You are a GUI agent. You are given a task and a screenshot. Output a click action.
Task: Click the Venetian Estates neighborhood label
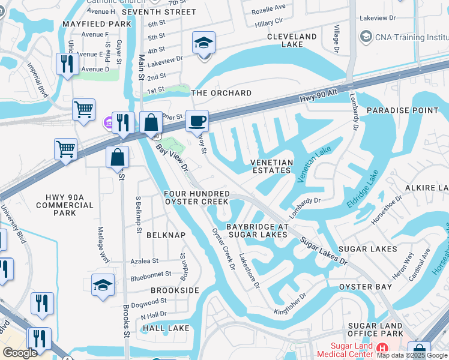pyautogui.click(x=271, y=166)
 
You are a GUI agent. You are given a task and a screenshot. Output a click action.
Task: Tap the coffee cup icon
pyautogui.click(x=197, y=121)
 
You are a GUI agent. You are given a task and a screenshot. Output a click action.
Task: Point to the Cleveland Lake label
pyautogui.click(x=292, y=40)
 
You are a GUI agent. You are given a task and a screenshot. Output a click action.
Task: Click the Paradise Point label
pyautogui.click(x=403, y=110)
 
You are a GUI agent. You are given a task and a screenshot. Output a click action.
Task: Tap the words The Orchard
pyautogui.click(x=221, y=93)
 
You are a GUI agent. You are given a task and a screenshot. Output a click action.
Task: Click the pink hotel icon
pyautogui.click(x=108, y=123)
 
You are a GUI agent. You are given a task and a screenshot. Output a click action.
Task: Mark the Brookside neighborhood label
pyautogui.click(x=175, y=290)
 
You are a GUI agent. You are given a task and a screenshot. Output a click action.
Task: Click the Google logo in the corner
pyautogui.click(x=20, y=353)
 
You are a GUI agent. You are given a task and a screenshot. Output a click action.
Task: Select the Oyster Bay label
pyautogui.click(x=365, y=287)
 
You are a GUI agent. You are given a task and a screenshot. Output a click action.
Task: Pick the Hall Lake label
pyautogui.click(x=166, y=328)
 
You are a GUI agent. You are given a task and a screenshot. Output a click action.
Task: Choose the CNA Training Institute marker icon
pyautogui.click(x=366, y=37)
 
